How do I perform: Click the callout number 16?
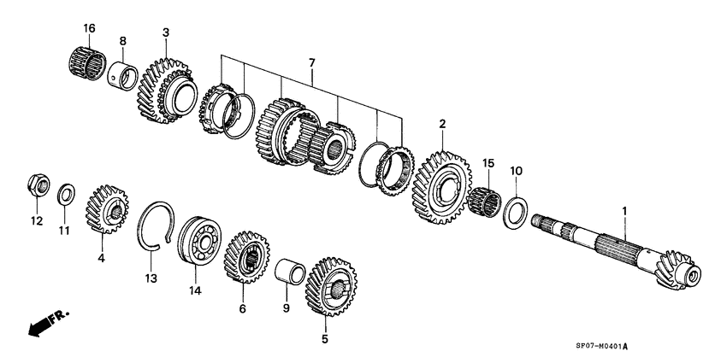tap(90, 28)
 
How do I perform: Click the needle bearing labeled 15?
tap(486, 202)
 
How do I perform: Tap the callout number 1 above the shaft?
tap(624, 211)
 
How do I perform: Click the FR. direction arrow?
tap(47, 324)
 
